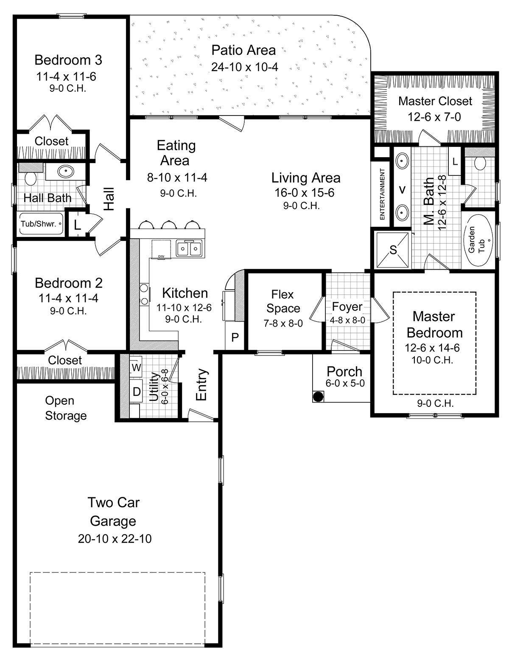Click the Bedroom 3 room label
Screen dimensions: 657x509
point(68,60)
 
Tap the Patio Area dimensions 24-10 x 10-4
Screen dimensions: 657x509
point(244,67)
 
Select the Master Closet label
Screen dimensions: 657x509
point(435,101)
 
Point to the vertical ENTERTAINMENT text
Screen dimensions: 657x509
point(382,194)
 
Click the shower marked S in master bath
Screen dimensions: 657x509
point(393,250)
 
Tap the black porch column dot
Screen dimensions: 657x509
point(318,396)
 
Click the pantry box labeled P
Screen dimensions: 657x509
point(235,338)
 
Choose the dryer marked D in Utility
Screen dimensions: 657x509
point(136,392)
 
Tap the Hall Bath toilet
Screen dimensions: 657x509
point(30,178)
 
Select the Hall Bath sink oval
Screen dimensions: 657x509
point(65,172)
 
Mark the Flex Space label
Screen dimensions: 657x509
point(283,301)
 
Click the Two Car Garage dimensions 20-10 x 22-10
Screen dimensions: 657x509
point(115,539)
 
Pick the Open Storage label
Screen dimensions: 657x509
point(66,408)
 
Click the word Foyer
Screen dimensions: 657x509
point(347,307)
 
